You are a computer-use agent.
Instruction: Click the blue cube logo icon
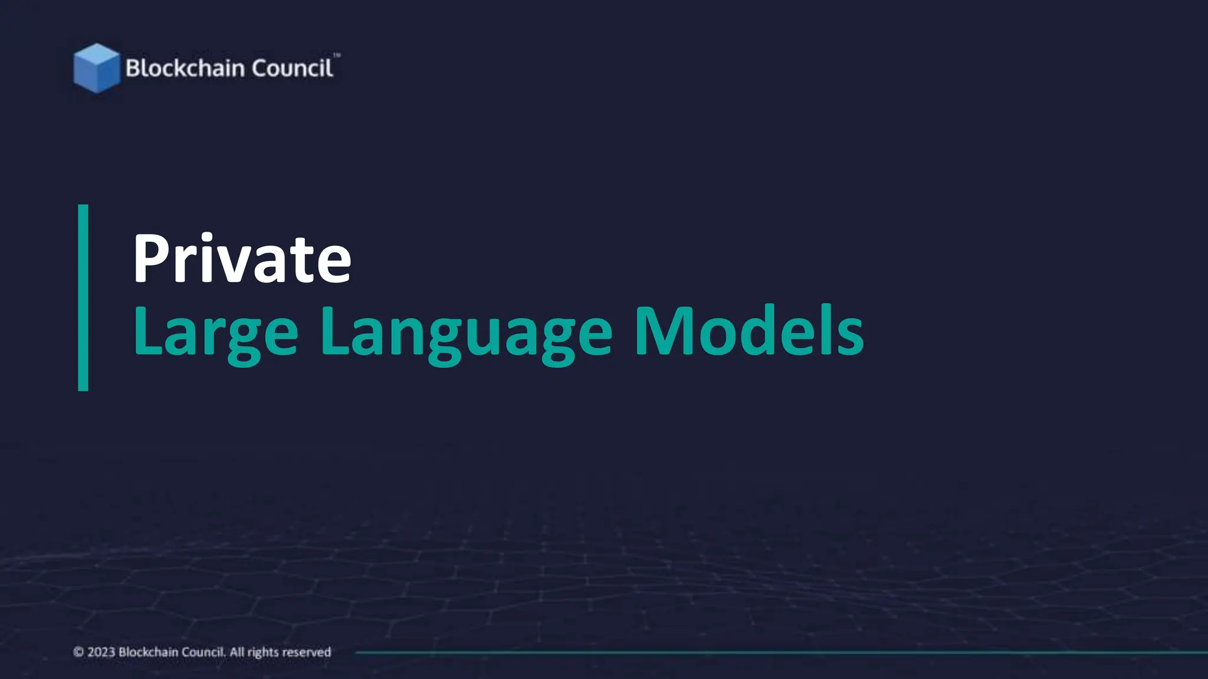(x=96, y=68)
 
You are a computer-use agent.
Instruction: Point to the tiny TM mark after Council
(x=337, y=55)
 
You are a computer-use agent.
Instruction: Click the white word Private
(x=242, y=259)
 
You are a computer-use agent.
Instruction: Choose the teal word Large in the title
(x=216, y=332)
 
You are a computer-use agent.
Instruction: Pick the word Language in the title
(x=467, y=332)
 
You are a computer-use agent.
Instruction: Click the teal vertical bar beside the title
(x=83, y=298)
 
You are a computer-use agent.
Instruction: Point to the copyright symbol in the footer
(x=78, y=652)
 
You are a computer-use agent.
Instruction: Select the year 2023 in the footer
(x=101, y=652)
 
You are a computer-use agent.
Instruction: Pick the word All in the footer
(x=237, y=652)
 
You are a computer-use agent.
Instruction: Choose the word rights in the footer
(x=263, y=652)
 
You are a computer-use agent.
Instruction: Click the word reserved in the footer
(x=307, y=652)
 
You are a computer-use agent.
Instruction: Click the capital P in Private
(x=151, y=259)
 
